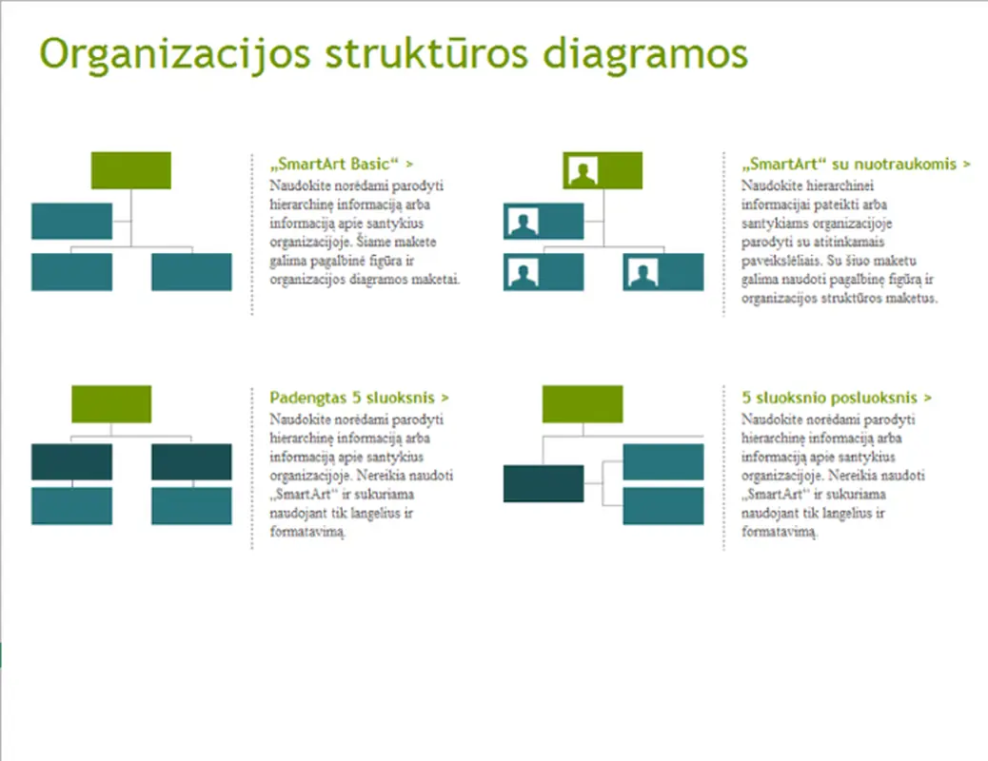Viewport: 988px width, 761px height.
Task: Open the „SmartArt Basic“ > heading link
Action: [x=341, y=164]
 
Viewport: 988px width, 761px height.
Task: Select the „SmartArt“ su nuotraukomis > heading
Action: [x=856, y=164]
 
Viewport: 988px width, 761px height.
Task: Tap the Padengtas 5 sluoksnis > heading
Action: [x=359, y=398]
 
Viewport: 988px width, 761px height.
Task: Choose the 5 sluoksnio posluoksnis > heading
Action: [x=837, y=398]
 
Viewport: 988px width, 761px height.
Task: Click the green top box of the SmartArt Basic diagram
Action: [x=131, y=170]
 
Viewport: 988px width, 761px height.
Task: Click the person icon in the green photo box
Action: [x=582, y=172]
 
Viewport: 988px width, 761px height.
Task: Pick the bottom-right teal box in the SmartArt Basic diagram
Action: [x=191, y=272]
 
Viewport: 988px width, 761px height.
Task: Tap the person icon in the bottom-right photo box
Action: [x=642, y=273]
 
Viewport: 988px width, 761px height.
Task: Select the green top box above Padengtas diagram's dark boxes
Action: [x=111, y=403]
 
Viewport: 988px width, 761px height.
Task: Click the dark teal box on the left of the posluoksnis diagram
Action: [x=543, y=483]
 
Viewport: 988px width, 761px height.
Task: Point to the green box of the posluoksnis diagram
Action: [x=583, y=403]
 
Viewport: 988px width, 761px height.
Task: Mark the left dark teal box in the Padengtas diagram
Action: [x=71, y=461]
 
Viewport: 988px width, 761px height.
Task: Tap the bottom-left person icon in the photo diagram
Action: [x=522, y=273]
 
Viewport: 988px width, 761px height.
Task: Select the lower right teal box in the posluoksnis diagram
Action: [x=663, y=506]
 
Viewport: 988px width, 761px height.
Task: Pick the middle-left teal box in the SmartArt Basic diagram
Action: [x=71, y=221]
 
